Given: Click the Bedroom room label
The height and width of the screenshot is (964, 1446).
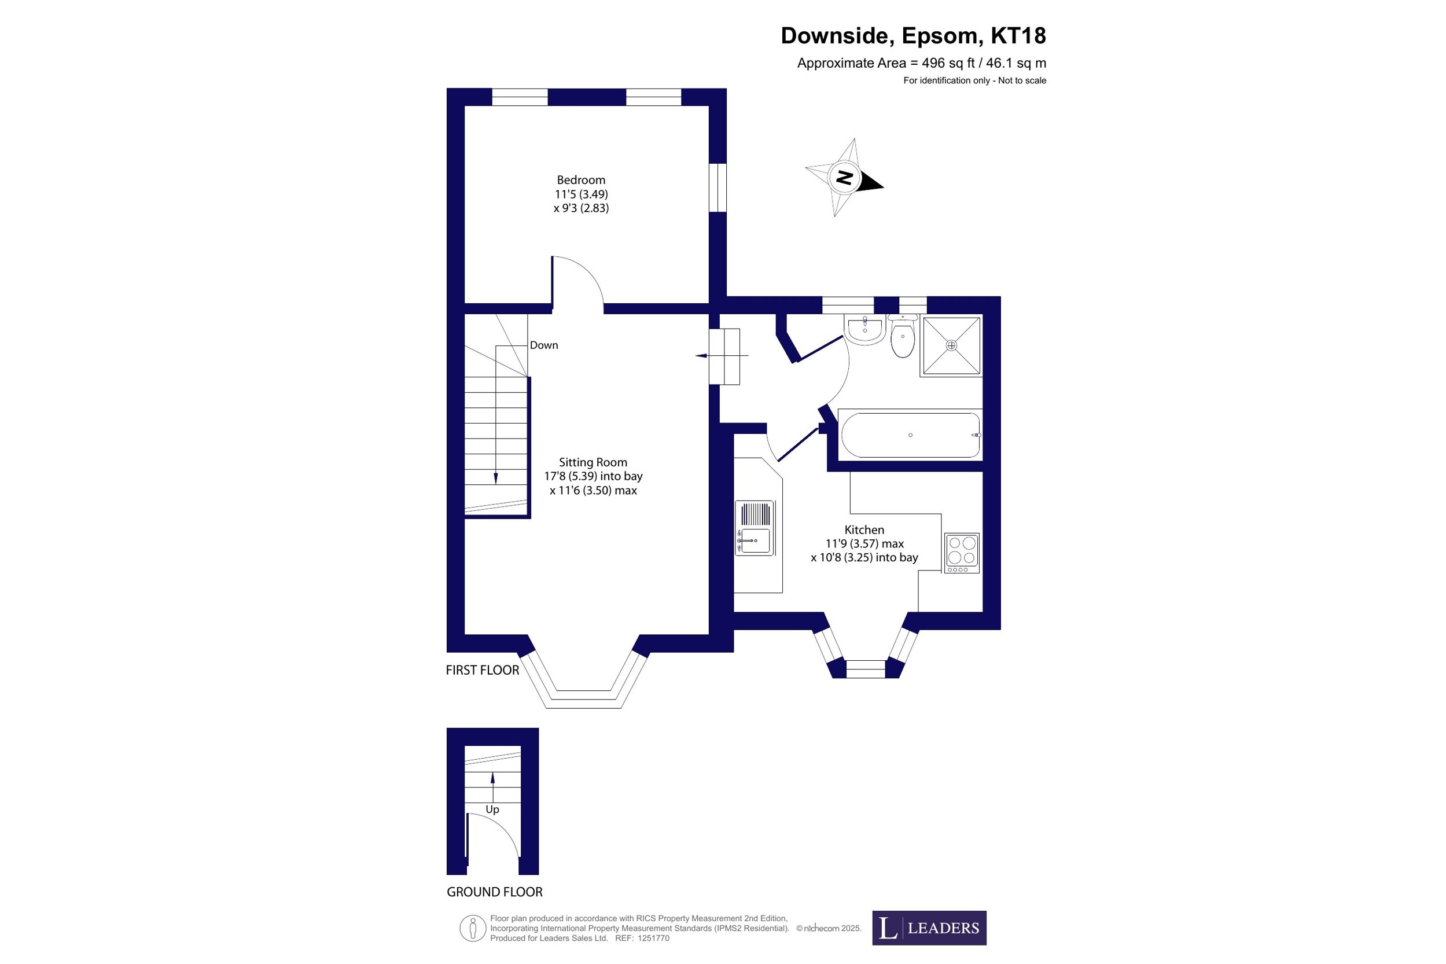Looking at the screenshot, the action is tap(581, 180).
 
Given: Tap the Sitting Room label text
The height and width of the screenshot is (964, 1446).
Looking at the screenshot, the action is tap(593, 462).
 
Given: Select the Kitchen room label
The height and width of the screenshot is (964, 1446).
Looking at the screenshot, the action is tap(864, 530).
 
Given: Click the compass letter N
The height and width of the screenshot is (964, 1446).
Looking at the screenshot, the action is tap(844, 178).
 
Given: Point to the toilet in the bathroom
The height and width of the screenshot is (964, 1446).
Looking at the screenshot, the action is tap(903, 336).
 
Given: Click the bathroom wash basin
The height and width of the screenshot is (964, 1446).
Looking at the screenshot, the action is tap(865, 329).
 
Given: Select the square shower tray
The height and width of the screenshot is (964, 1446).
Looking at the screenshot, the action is tap(951, 345).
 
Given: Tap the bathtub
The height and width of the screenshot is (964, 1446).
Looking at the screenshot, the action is tap(911, 435).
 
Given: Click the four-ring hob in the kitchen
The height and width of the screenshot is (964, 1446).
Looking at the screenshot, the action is tap(962, 553).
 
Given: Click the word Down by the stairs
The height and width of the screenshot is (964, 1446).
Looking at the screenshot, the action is tap(544, 345).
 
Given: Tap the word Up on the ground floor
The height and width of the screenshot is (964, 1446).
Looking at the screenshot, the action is tap(492, 810).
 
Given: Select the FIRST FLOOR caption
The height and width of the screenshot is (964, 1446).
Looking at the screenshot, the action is tap(483, 670).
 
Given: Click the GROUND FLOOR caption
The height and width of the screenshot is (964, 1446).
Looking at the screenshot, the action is tap(494, 892).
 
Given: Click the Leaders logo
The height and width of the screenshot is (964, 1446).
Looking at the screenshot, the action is tap(929, 928).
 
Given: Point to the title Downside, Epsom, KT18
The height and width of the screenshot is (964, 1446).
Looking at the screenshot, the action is tap(913, 36).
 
